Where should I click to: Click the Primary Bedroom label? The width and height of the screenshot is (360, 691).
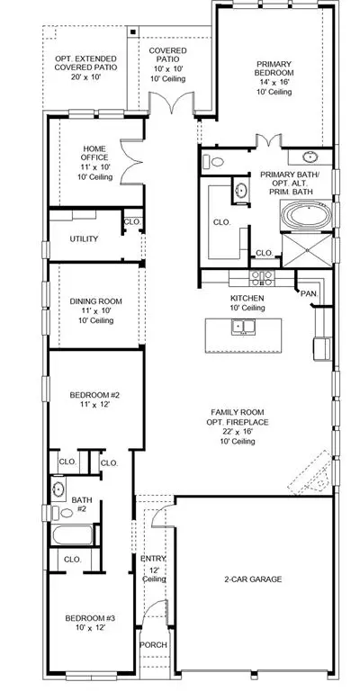point(274,67)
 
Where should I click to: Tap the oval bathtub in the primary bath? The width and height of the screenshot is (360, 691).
point(307,216)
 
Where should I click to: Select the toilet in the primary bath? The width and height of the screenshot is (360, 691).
point(212,162)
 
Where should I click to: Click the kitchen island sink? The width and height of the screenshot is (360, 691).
point(243,327)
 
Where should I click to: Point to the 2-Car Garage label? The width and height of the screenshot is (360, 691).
point(253,579)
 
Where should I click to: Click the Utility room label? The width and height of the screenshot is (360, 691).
point(84,238)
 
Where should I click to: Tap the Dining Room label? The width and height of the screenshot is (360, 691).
point(96,301)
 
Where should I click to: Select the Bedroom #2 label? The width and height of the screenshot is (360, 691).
point(94,394)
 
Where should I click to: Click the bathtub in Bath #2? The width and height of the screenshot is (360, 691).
point(74,534)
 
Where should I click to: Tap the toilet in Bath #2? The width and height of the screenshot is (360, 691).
point(62,513)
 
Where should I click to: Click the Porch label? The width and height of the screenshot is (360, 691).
point(153,645)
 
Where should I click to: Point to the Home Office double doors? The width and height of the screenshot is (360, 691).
point(130,162)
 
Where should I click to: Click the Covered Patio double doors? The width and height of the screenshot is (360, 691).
point(171,103)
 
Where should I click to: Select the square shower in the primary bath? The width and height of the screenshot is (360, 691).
point(307,250)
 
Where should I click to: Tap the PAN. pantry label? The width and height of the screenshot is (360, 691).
point(309,293)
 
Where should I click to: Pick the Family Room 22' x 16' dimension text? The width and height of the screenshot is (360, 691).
point(237,432)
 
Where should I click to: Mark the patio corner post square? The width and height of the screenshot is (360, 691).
point(132,31)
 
